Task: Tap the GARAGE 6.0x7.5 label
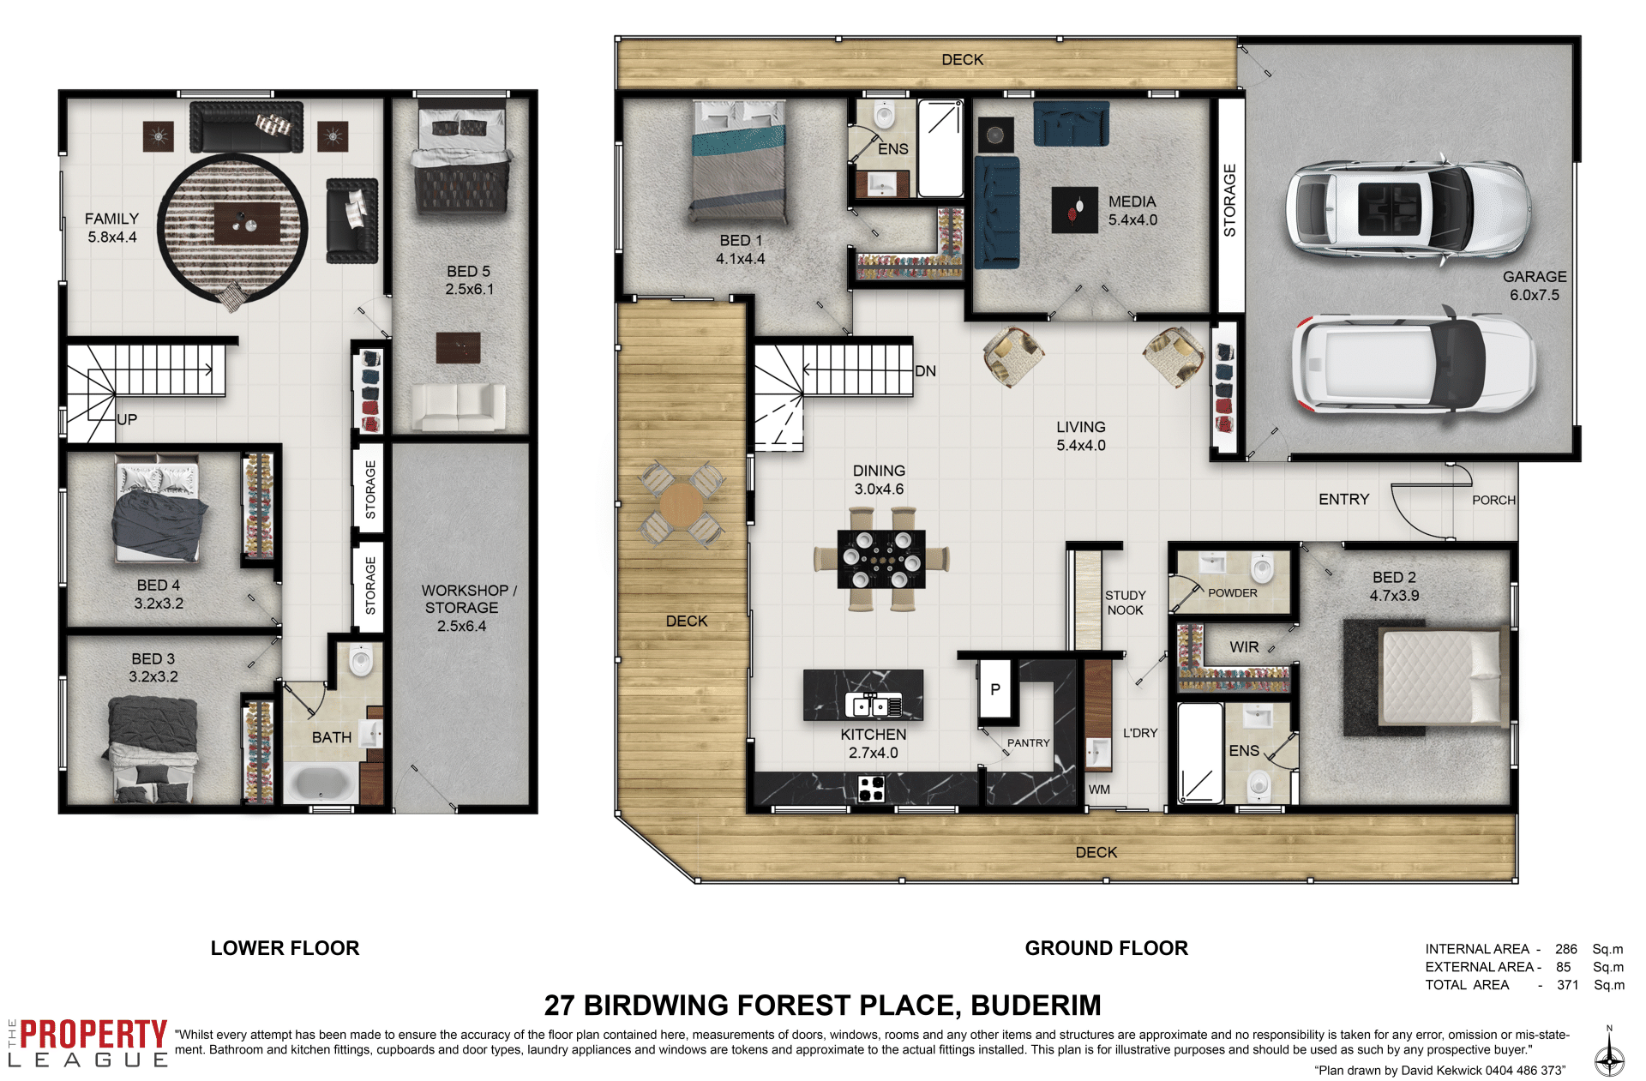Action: click(x=1534, y=285)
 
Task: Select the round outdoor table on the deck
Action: click(x=682, y=504)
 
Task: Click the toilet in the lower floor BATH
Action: click(x=361, y=660)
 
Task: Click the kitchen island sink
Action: click(x=873, y=705)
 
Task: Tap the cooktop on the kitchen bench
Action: click(x=871, y=788)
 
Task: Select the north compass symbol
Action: click(x=1609, y=1052)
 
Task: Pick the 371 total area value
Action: click(x=1567, y=985)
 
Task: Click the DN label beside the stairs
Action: click(x=925, y=371)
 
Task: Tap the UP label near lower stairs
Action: click(x=127, y=419)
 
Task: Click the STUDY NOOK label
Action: click(x=1125, y=603)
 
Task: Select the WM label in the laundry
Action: click(x=1099, y=790)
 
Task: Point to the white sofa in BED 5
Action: click(x=459, y=406)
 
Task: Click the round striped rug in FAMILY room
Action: click(x=233, y=229)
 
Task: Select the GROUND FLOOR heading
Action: click(x=1106, y=948)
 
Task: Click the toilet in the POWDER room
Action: click(x=1262, y=568)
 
